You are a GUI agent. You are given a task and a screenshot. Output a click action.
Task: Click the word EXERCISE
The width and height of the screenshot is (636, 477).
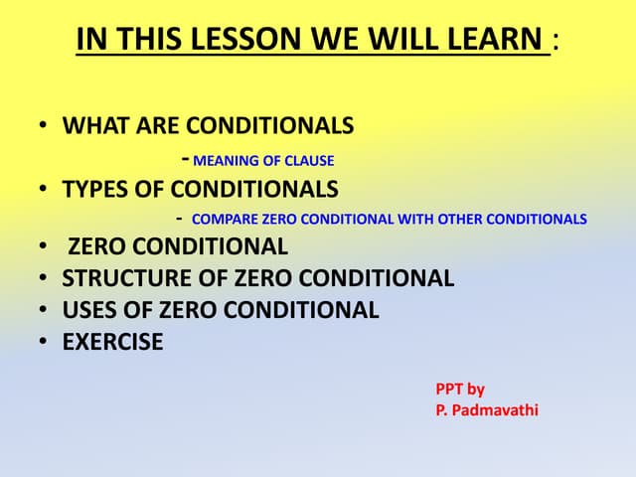tap(112, 343)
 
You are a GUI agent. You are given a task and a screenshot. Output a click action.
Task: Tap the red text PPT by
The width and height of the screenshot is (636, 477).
tap(460, 390)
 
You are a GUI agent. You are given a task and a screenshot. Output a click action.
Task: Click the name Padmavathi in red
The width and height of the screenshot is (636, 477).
tap(494, 410)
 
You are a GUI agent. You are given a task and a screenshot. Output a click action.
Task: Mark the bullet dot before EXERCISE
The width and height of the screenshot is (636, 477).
tap(44, 343)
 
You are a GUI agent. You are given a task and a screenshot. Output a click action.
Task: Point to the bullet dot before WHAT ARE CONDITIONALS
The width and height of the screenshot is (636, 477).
tap(44, 126)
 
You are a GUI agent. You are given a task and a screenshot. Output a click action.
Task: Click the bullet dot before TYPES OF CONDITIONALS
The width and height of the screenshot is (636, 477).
tap(44, 189)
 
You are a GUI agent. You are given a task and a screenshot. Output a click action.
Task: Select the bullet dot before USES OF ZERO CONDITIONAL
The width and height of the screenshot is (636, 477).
tap(44, 310)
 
